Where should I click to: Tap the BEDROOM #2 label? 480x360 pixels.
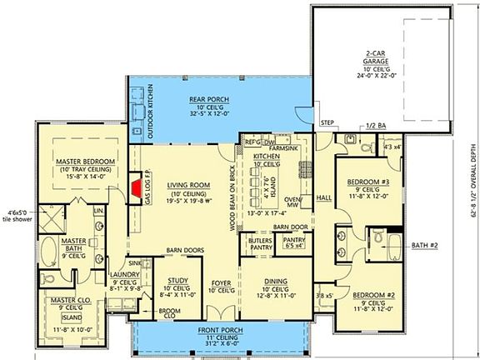[x=371, y=296]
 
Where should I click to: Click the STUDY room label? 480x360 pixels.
[x=177, y=281]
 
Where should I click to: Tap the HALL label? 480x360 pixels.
[x=324, y=197]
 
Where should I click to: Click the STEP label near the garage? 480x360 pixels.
[x=328, y=123]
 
